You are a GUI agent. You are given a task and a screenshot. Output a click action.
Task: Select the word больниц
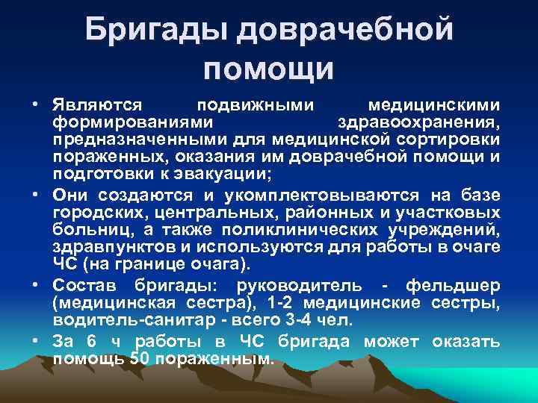[x=83, y=230]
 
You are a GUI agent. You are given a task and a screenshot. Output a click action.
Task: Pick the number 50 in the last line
[x=138, y=357]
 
